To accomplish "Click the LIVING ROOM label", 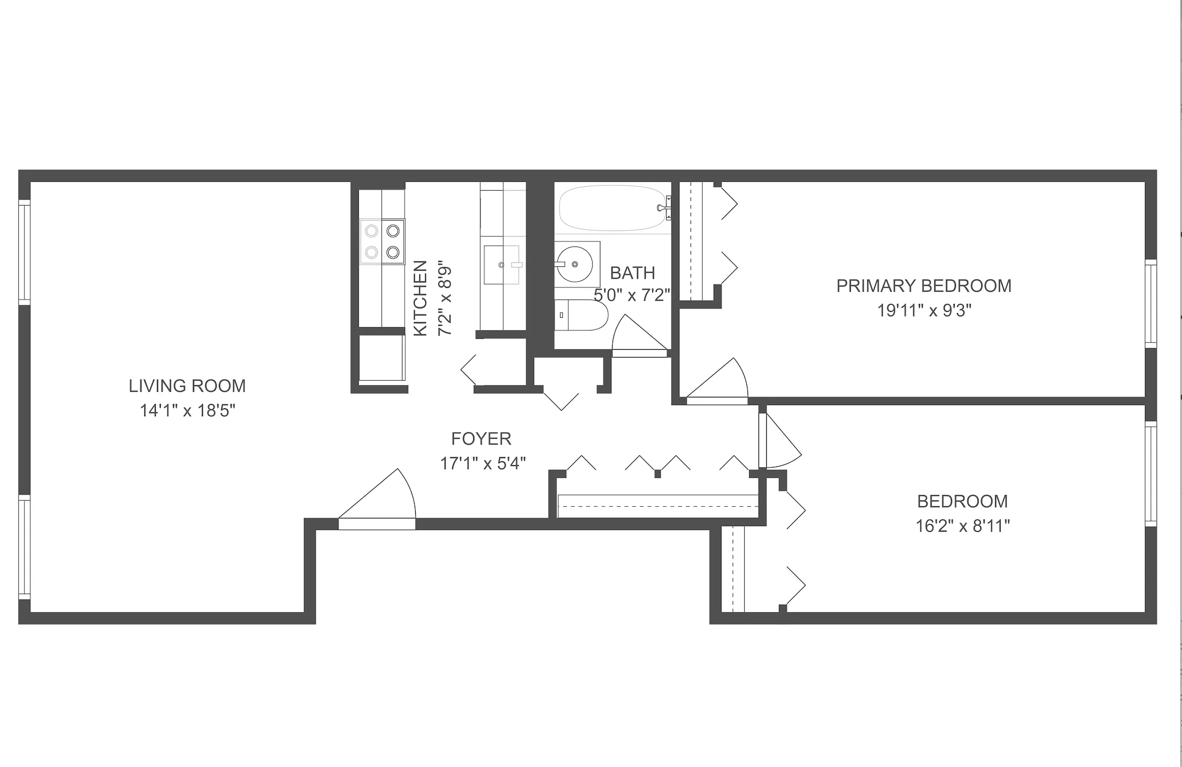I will tap(187, 386).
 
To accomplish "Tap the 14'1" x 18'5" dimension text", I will tap(187, 411).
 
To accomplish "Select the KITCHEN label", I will tap(421, 298).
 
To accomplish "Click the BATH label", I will tap(632, 273).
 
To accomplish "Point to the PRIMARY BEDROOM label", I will tap(923, 286).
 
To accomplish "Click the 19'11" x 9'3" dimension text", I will tap(924, 311).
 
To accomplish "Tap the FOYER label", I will tap(481, 439).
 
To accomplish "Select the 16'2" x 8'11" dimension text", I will tap(963, 526).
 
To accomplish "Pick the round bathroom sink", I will tap(575, 264).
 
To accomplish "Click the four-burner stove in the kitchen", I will tap(382, 241).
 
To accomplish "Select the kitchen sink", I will tap(502, 265).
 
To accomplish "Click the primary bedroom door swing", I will tap(719, 380).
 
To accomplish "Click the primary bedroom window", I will tap(1150, 303).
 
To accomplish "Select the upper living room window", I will tap(24, 251).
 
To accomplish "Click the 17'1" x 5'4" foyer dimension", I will tap(482, 463).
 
